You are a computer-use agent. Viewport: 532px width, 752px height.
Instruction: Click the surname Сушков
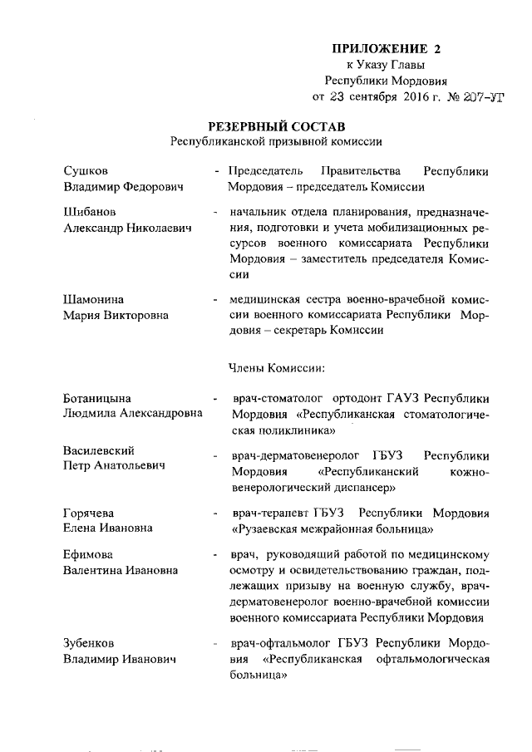86,172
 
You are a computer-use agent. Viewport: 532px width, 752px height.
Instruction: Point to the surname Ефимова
89,554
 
